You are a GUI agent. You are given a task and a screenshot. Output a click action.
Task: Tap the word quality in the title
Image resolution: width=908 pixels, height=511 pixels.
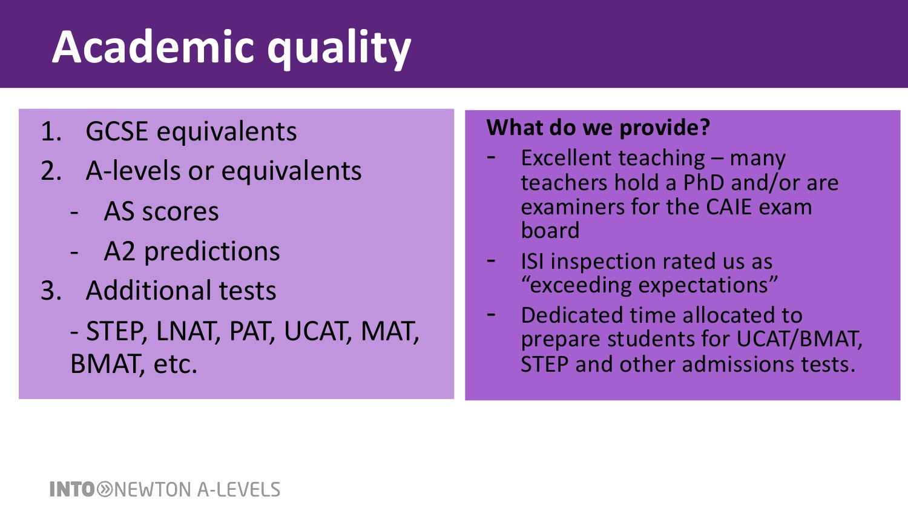(x=339, y=50)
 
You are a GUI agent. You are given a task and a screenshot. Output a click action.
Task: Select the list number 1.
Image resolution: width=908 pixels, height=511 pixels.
(x=51, y=131)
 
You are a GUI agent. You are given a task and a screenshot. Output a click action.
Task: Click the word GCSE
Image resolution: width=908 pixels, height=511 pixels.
(x=117, y=131)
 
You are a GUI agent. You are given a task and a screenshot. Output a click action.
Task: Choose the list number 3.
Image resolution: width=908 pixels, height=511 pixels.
(x=51, y=291)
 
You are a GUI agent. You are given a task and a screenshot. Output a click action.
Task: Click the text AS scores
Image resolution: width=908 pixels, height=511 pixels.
(x=162, y=211)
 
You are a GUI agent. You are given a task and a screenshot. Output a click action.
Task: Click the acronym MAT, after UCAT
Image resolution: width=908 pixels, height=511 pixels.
(x=390, y=331)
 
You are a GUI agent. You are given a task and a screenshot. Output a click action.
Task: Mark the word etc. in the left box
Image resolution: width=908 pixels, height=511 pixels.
(x=175, y=364)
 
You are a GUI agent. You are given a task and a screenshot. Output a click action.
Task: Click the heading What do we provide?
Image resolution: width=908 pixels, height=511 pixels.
(x=598, y=127)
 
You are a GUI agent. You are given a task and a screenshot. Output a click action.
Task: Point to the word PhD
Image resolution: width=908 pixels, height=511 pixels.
(x=703, y=182)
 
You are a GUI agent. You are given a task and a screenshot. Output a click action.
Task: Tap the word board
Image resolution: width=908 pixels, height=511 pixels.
(x=550, y=230)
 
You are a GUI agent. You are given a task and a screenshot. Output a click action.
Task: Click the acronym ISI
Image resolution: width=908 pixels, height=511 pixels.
(x=532, y=261)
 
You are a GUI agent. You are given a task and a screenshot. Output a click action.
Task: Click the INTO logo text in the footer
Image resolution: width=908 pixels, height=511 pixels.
(x=72, y=489)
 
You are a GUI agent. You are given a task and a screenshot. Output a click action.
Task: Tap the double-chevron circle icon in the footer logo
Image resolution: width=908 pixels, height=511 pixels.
(x=105, y=489)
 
